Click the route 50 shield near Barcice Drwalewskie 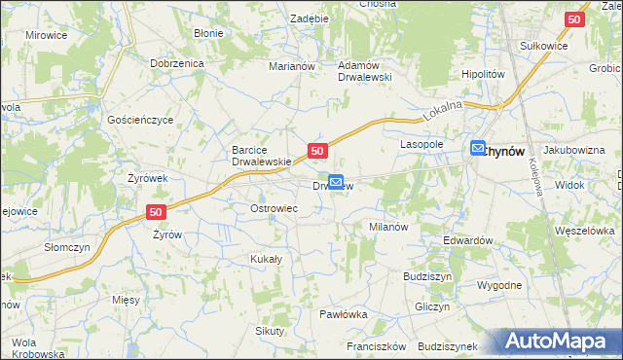click(317, 151)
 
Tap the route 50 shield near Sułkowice click(575, 18)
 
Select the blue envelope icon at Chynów click(478, 148)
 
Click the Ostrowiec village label click(274, 208)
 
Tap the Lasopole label click(422, 143)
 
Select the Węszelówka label click(584, 231)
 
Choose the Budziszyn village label click(427, 276)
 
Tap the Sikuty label click(270, 331)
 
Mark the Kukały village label click(266, 259)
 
